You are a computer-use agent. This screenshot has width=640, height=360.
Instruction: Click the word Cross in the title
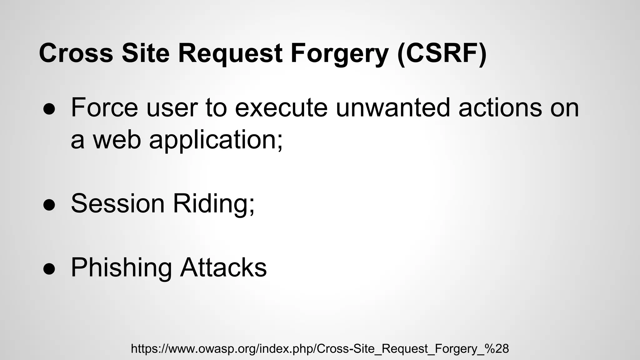tap(76, 53)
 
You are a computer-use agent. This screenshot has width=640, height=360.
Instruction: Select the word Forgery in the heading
tap(339, 53)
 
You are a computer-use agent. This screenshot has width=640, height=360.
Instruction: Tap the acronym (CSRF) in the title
tap(442, 53)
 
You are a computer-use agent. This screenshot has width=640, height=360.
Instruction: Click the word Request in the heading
tap(230, 53)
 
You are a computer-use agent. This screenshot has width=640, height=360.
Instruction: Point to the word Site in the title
tap(145, 53)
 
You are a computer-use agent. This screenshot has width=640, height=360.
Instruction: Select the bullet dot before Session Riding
tap(49, 205)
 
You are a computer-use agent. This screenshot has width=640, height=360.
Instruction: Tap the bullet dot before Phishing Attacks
tap(49, 269)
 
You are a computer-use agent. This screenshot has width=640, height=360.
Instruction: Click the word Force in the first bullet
tap(104, 107)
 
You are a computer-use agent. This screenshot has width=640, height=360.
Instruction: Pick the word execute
tap(281, 107)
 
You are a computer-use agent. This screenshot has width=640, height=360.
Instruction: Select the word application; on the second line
tap(216, 140)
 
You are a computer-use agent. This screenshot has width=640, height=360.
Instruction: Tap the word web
tap(117, 140)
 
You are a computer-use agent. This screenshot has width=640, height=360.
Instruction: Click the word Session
tap(118, 203)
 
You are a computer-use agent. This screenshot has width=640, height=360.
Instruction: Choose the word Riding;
tap(214, 203)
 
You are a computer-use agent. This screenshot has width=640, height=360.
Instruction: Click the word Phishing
tap(121, 267)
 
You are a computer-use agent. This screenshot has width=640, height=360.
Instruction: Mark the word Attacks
tap(223, 267)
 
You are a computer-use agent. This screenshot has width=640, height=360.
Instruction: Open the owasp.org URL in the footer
tap(320, 348)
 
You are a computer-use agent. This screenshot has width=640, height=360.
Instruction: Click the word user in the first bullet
tap(172, 107)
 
